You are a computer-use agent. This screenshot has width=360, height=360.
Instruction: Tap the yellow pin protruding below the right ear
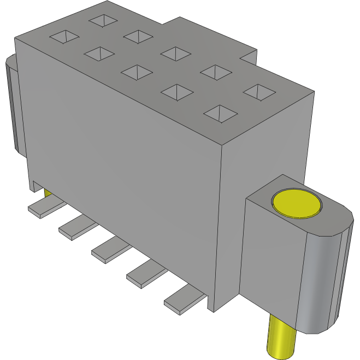point(281,338)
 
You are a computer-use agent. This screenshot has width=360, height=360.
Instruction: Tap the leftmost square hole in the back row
point(103,20)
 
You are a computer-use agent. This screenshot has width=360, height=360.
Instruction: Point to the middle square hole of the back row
point(175,53)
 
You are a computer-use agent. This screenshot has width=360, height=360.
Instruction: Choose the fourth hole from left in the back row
point(215,71)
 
